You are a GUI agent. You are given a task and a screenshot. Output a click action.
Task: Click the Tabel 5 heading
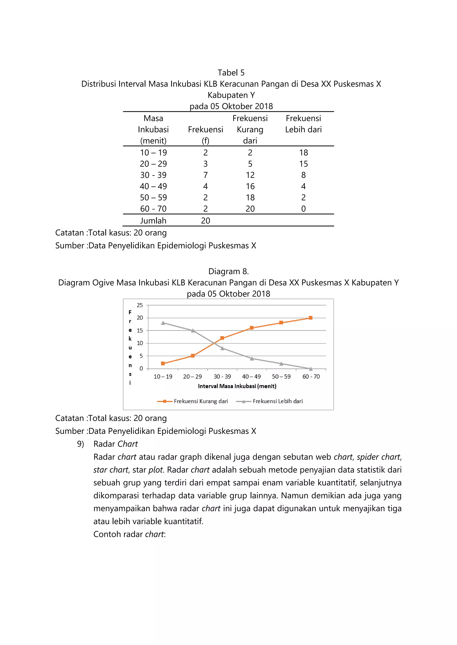(231, 73)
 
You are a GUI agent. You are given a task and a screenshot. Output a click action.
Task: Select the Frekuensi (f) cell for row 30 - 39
(206, 175)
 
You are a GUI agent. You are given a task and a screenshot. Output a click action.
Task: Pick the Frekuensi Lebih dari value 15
(303, 164)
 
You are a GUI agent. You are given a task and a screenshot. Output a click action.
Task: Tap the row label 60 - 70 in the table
(153, 209)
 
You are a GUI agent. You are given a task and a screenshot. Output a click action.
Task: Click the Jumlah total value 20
(206, 220)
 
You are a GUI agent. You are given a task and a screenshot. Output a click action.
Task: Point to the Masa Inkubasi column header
(153, 129)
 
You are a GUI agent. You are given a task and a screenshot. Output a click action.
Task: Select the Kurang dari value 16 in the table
(250, 186)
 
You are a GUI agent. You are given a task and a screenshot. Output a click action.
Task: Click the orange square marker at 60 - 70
(311, 318)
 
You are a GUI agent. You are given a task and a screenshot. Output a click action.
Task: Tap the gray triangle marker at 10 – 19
(163, 323)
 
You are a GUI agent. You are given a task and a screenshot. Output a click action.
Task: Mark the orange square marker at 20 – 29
(193, 356)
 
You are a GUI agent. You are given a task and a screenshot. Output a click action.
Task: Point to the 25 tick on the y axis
(140, 305)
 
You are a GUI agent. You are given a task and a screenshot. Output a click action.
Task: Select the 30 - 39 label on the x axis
(222, 376)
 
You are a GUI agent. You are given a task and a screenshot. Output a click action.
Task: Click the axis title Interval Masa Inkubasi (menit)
(237, 386)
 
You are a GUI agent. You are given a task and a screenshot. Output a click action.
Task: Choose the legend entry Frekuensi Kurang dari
(200, 401)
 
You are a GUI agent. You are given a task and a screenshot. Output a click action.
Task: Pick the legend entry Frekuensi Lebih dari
(277, 401)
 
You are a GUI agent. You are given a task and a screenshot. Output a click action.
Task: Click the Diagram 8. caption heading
(228, 271)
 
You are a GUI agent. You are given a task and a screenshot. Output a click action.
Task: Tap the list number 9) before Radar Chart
(81, 444)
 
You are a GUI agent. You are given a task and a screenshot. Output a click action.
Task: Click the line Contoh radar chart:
(129, 534)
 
